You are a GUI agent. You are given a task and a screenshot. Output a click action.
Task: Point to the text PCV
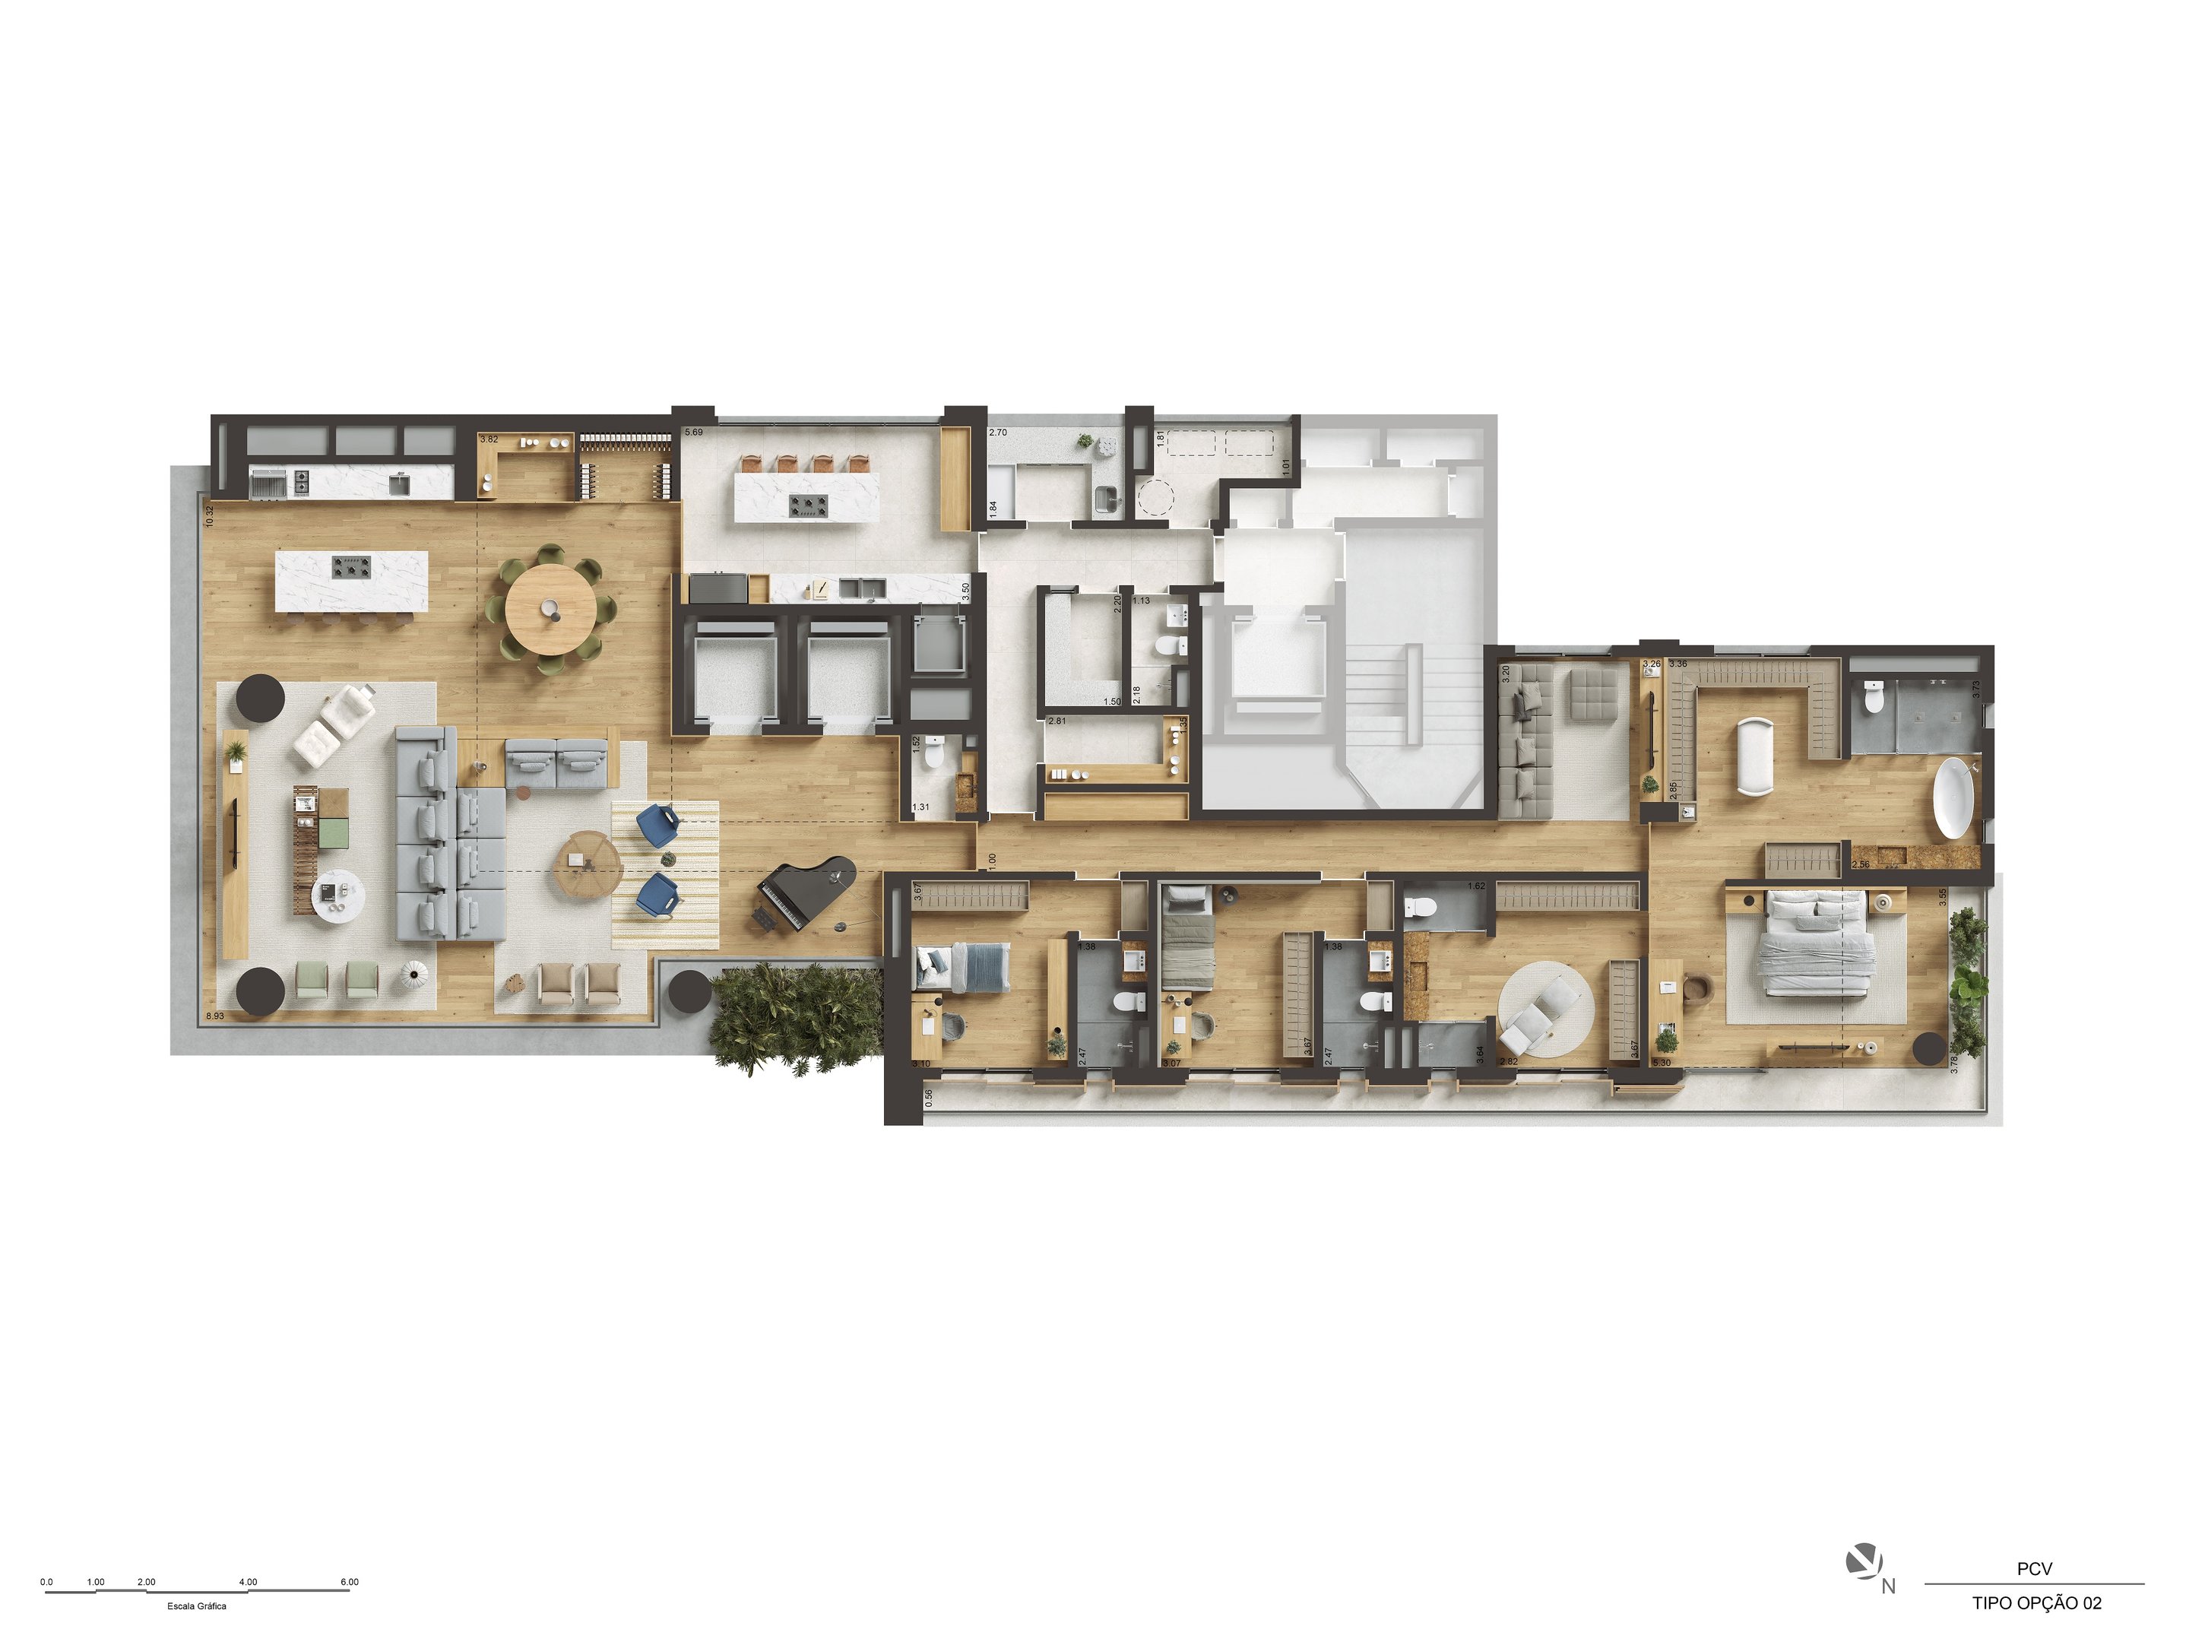[2034, 1569]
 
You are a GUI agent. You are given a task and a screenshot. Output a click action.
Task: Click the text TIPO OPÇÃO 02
[2037, 1603]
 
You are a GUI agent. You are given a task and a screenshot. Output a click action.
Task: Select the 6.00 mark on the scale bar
[349, 1582]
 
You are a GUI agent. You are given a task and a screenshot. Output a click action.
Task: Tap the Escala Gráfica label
[197, 1606]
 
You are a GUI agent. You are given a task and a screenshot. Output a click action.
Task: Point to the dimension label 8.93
[214, 1016]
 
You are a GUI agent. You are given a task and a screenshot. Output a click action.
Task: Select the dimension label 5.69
[694, 432]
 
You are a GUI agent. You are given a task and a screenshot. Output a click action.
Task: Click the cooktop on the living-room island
[350, 567]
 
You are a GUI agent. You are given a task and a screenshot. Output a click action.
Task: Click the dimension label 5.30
[1662, 1063]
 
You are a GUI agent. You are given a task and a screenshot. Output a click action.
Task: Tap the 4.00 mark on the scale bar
[248, 1582]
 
